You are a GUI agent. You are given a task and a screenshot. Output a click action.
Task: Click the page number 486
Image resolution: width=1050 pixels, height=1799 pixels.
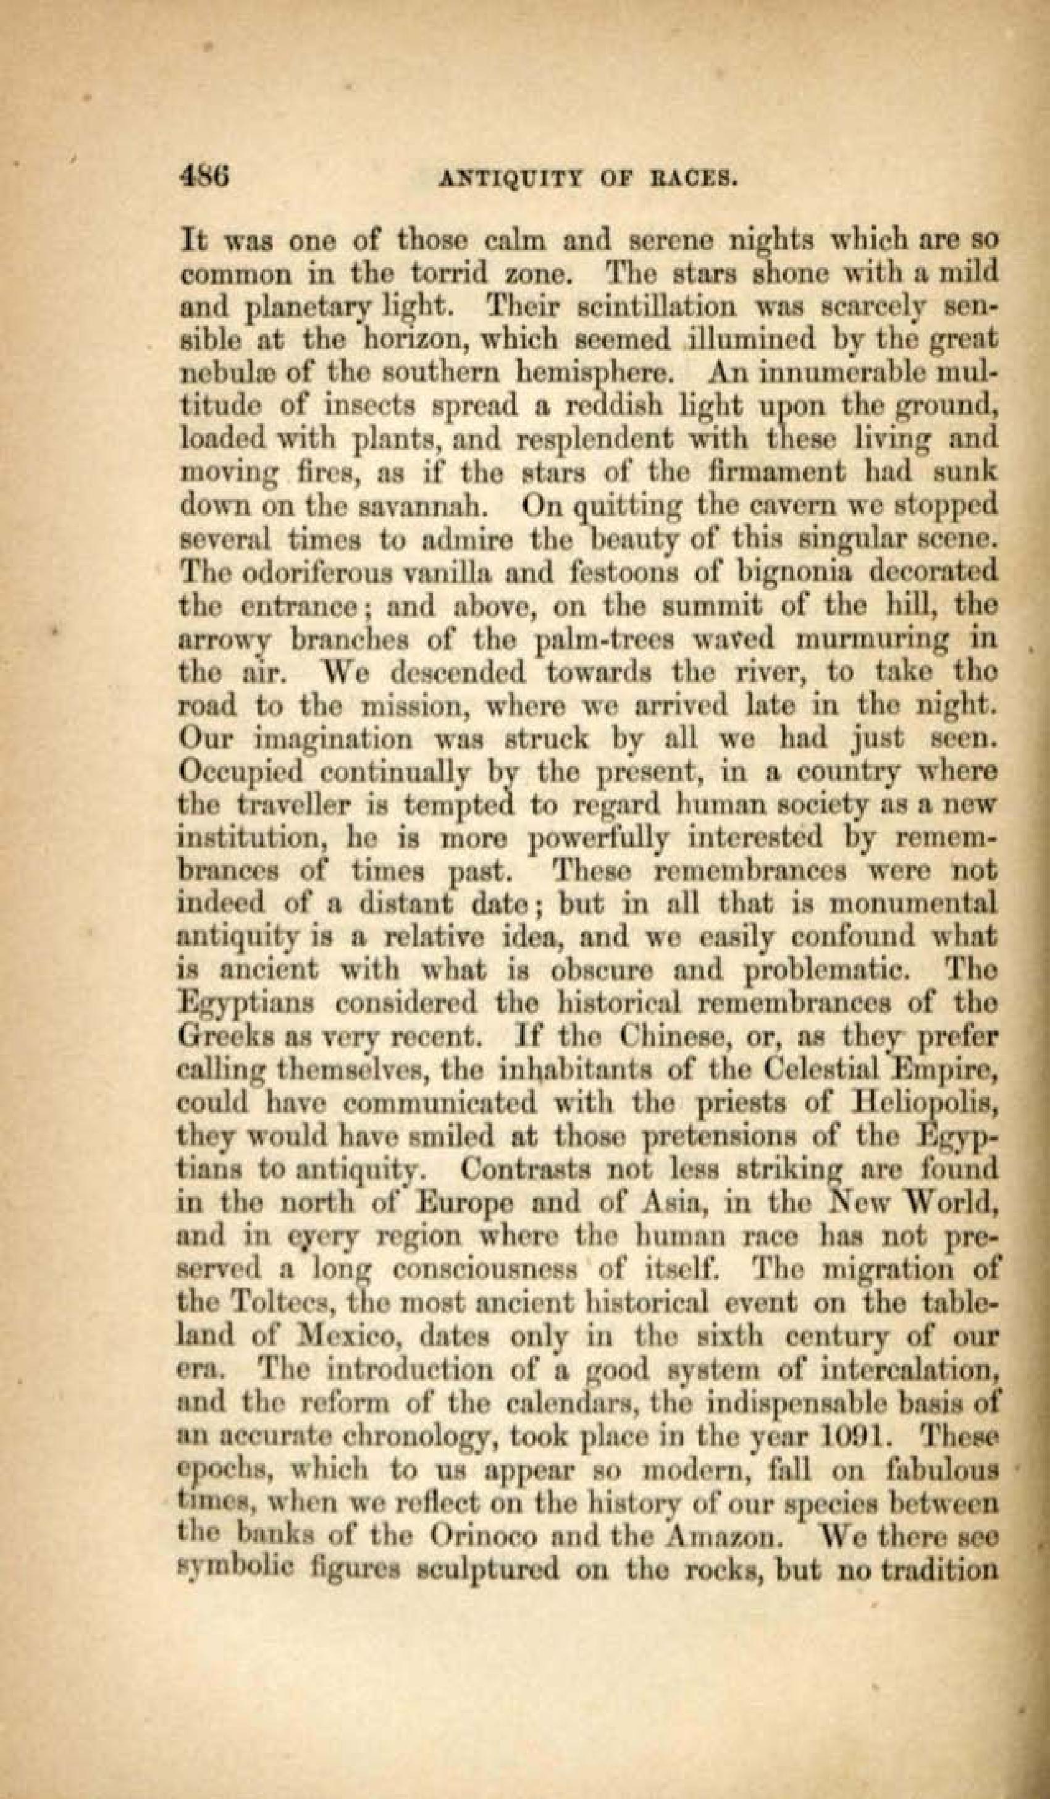coord(204,174)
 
